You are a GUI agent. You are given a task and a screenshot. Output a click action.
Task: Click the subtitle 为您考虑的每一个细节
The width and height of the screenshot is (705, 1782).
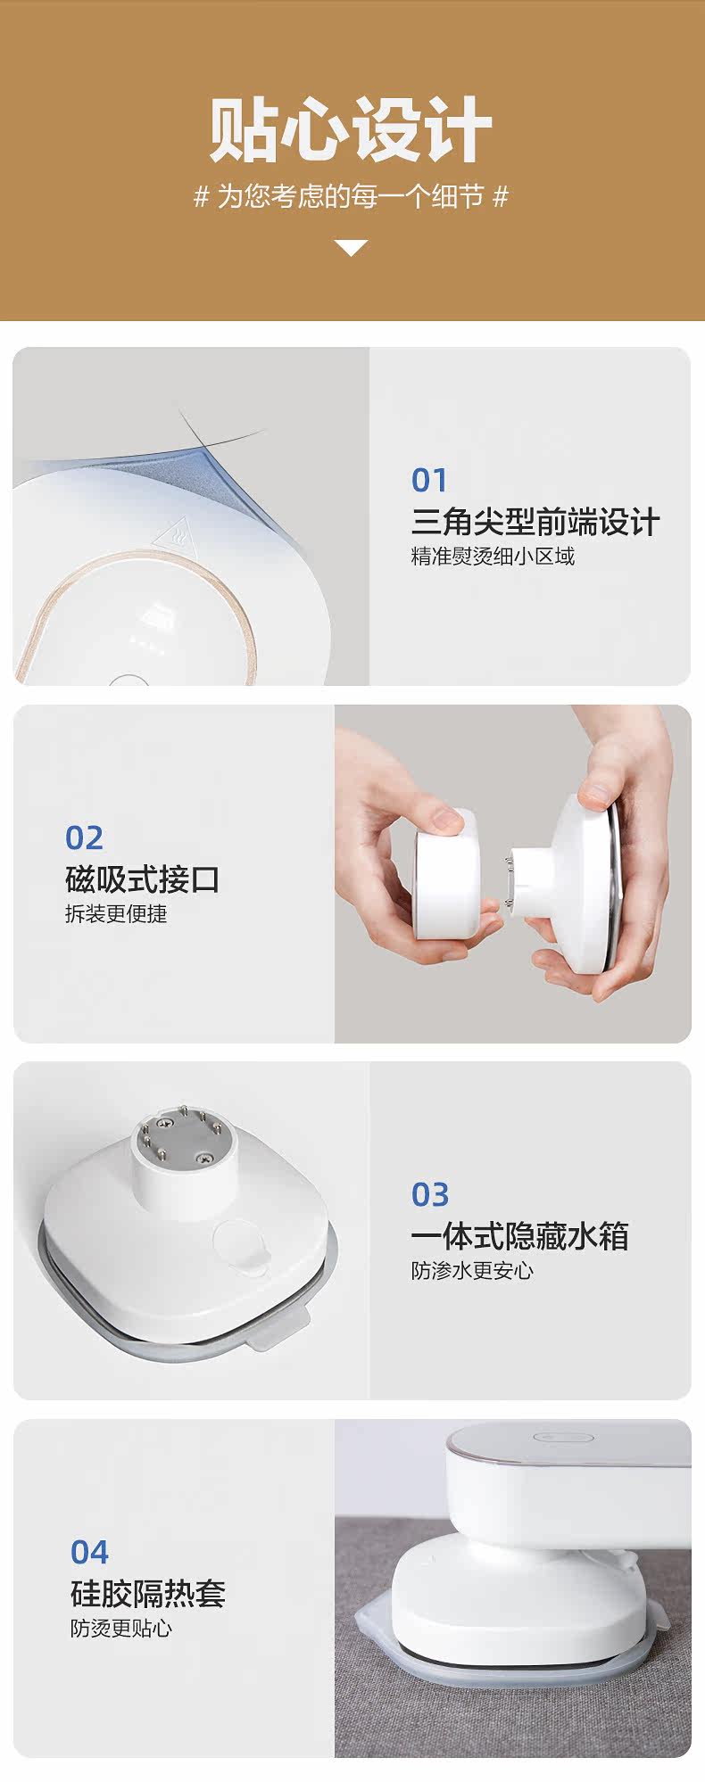point(351,197)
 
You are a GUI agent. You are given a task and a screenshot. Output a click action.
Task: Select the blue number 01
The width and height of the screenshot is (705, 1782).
point(428,481)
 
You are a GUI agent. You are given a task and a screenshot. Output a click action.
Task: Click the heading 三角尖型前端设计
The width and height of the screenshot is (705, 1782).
point(535,522)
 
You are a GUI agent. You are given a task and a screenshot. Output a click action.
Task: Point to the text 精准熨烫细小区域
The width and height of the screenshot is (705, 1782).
point(493,557)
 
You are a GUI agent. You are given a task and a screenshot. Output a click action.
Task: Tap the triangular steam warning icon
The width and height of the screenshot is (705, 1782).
point(170,537)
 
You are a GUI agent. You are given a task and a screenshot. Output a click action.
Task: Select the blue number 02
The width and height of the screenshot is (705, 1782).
point(84,837)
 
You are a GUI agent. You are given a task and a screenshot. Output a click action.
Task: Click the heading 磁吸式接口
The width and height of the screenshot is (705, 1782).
point(142,879)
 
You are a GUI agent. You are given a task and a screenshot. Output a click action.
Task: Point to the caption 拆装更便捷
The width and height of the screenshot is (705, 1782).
point(116,914)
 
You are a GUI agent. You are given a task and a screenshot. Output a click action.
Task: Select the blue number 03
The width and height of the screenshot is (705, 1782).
point(429,1194)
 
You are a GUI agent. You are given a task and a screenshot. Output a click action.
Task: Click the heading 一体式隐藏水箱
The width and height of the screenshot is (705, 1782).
point(520,1236)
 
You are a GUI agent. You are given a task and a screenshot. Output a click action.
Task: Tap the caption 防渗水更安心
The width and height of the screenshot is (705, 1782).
point(472,1271)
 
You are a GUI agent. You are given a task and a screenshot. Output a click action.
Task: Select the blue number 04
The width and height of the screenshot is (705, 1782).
point(89,1552)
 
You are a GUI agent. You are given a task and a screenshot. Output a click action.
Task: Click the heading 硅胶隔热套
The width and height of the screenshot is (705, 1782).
point(148,1593)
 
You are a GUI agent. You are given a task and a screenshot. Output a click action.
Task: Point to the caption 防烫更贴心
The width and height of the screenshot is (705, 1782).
point(121,1628)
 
